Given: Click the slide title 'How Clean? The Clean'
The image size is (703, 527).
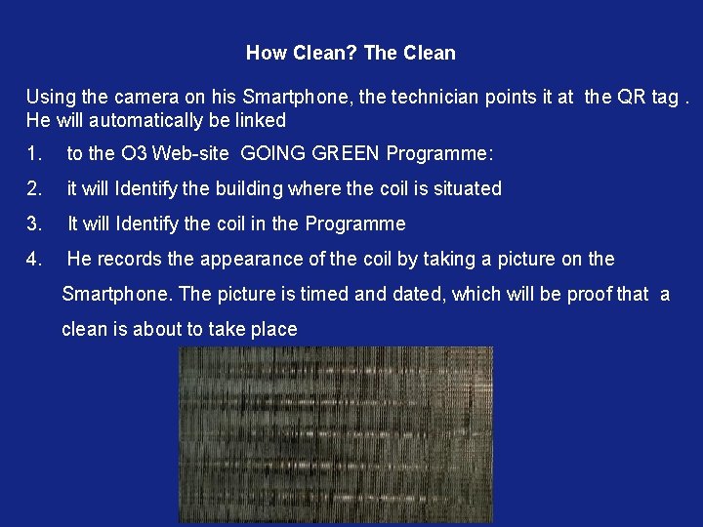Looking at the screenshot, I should click(351, 53).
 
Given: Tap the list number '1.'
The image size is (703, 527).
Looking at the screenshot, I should click(35, 154).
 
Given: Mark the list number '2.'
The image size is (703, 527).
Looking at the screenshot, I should click(35, 189).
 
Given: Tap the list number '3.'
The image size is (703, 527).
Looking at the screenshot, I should click(35, 224).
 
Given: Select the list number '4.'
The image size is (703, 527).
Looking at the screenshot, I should click(35, 260).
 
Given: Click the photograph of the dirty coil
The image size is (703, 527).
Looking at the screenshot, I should click(335, 434).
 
